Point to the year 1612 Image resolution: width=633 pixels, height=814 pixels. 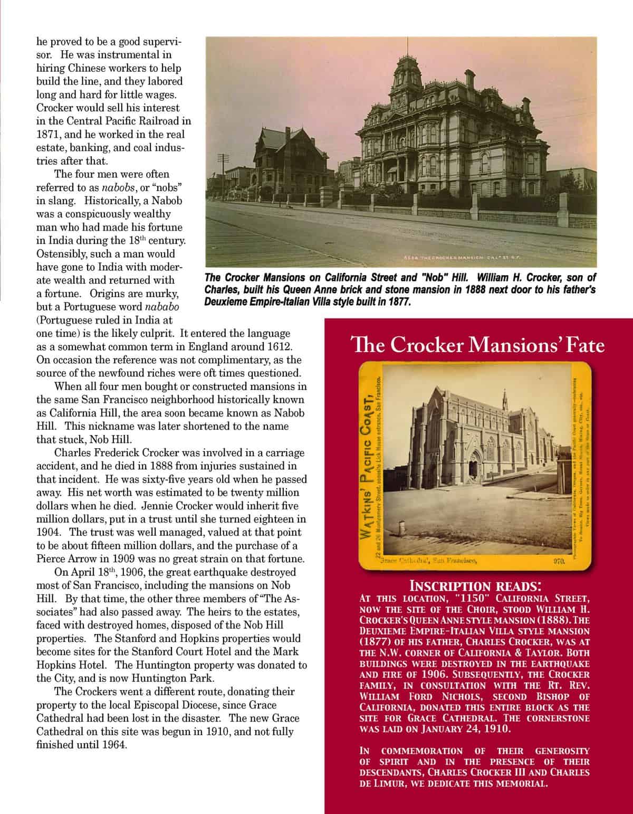[x=274, y=346]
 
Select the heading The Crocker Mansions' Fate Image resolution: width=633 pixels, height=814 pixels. [x=477, y=345]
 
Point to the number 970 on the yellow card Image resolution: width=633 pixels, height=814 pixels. [x=560, y=562]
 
